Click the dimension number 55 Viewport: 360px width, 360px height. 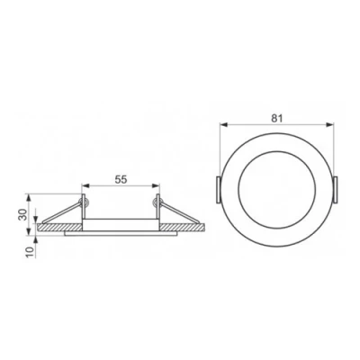pos(121,179)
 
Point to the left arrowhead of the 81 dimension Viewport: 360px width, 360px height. pos(222,125)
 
